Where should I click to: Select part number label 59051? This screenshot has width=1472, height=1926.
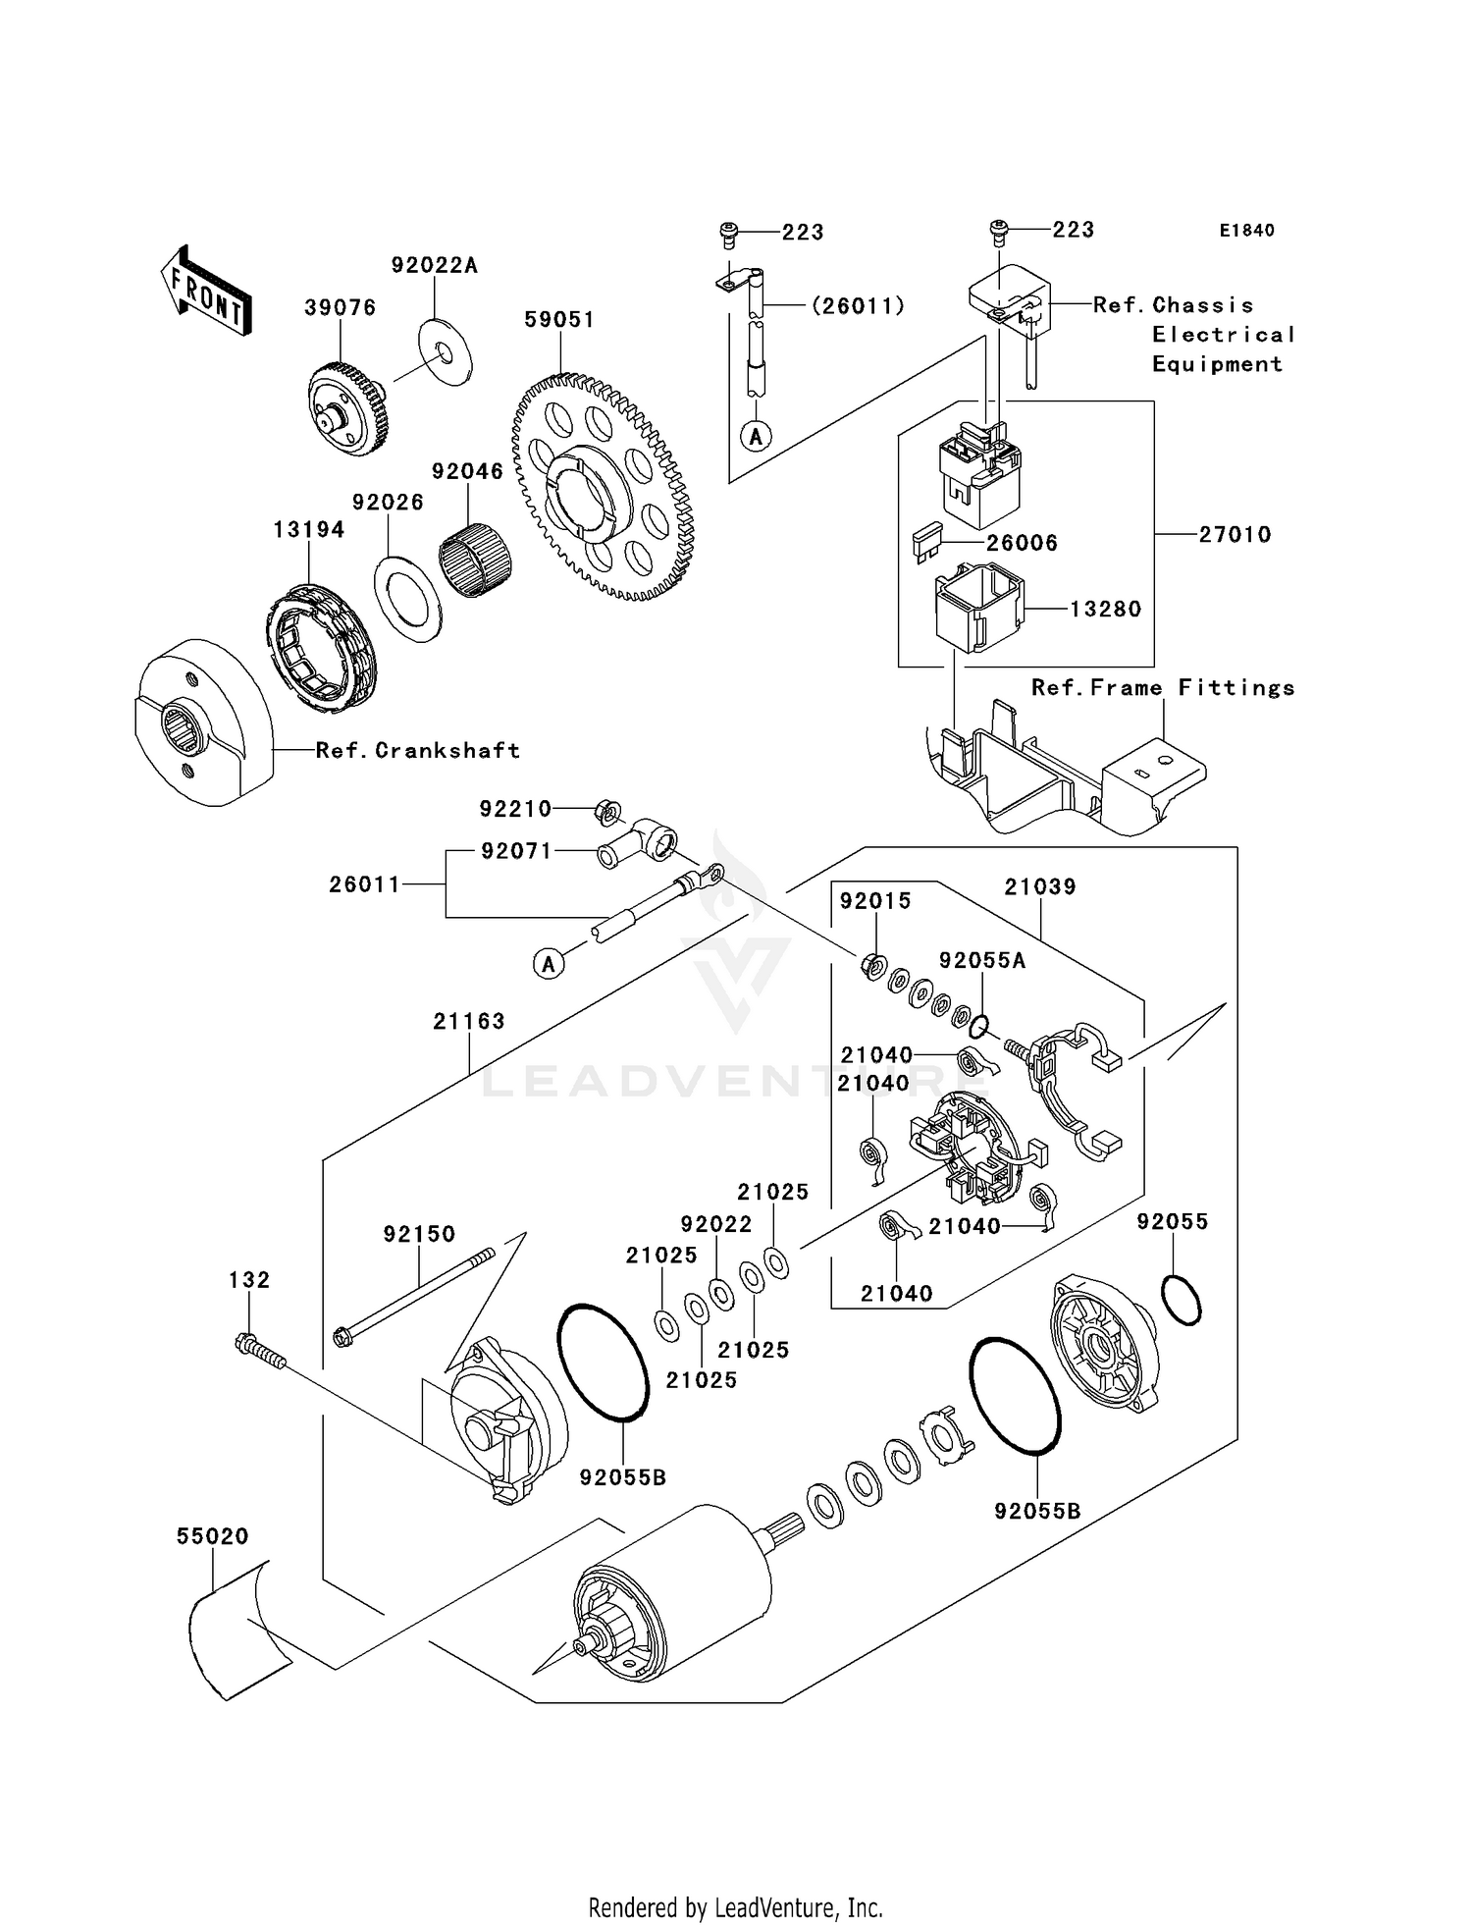click(x=558, y=320)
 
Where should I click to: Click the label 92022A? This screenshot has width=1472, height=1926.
click(x=434, y=266)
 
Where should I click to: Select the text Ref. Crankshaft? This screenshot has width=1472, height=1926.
click(x=417, y=751)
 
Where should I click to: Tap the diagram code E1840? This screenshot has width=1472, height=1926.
click(x=1246, y=231)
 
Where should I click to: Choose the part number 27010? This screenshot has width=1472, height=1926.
click(x=1235, y=535)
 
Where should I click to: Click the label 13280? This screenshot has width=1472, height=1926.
click(x=1105, y=610)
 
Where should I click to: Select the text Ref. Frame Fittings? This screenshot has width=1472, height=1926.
click(x=1162, y=688)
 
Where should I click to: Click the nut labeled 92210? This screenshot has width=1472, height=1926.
click(x=608, y=812)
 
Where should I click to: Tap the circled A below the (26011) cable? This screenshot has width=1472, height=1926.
click(x=756, y=436)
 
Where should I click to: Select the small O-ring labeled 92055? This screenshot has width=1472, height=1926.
click(x=1181, y=1301)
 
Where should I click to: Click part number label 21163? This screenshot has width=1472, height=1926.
click(x=469, y=1022)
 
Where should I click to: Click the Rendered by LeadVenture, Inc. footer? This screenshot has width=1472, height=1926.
click(x=735, y=1908)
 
